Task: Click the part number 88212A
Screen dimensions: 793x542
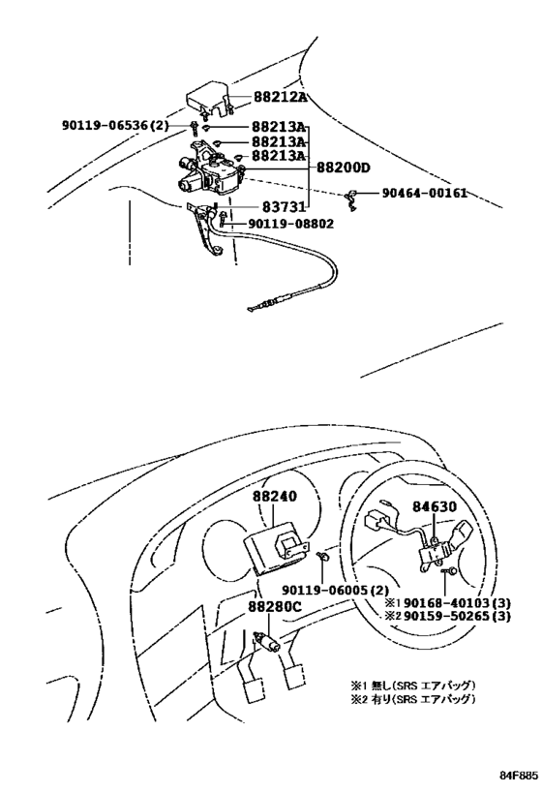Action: pyautogui.click(x=281, y=98)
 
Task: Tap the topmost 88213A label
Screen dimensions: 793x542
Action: pyautogui.click(x=279, y=127)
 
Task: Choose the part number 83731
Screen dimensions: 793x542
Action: pyautogui.click(x=285, y=207)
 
